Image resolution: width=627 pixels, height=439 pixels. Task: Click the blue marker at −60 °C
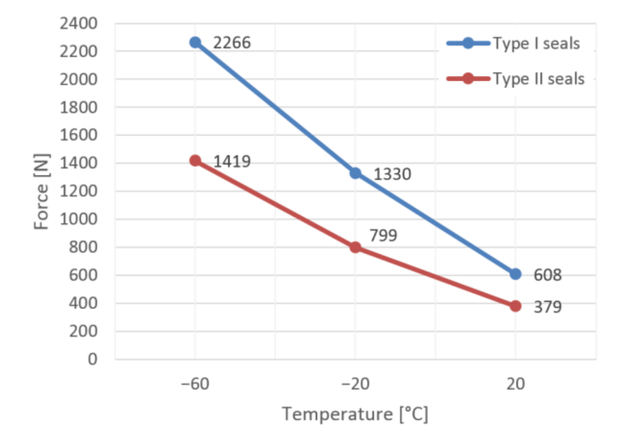click(195, 42)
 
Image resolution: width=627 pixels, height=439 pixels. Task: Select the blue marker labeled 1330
click(355, 173)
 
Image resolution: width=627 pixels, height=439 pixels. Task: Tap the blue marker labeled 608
click(515, 274)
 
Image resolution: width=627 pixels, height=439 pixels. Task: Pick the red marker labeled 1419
click(195, 160)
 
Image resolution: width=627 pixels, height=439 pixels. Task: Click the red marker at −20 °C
click(355, 247)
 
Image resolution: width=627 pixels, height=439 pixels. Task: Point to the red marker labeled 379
click(515, 306)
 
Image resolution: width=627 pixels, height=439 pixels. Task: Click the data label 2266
click(232, 43)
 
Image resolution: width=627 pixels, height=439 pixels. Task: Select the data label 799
click(383, 236)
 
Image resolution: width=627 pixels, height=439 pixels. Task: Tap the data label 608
click(547, 275)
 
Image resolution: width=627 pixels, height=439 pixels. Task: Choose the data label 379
click(547, 307)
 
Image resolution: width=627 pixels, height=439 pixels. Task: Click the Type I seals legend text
click(536, 43)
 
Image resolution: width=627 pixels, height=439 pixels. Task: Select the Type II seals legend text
click(538, 79)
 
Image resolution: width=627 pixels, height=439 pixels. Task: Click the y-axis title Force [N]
click(41, 191)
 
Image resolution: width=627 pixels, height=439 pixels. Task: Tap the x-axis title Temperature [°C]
click(355, 414)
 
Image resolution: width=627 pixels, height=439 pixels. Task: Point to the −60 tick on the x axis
click(195, 384)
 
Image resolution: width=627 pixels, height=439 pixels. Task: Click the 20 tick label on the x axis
click(515, 384)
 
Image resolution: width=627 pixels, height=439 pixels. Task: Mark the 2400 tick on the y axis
click(78, 24)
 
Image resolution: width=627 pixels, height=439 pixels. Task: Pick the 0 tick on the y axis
click(92, 359)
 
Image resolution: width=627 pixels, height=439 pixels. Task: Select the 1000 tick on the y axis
click(78, 219)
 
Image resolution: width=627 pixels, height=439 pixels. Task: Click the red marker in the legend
click(468, 78)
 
